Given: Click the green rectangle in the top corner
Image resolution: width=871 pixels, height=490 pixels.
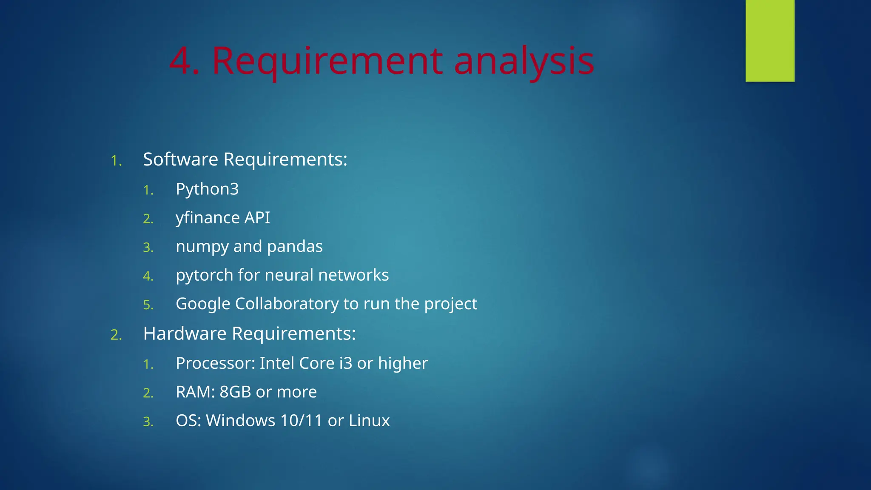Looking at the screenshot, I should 770,40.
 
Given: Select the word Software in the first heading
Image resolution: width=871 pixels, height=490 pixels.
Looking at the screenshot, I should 181,160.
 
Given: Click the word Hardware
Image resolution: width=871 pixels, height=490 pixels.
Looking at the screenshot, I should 185,333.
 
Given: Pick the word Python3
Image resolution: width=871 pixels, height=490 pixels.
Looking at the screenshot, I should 207,189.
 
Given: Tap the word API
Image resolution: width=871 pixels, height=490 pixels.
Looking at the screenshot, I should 257,218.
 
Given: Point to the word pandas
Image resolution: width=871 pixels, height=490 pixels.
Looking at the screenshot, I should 295,247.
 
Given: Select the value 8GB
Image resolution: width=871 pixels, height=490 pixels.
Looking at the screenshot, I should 235,392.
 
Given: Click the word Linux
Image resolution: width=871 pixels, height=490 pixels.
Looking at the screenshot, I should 369,421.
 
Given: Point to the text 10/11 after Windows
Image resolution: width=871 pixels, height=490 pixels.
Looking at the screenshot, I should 302,421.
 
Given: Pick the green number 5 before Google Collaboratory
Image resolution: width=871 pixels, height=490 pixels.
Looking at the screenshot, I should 148,305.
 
